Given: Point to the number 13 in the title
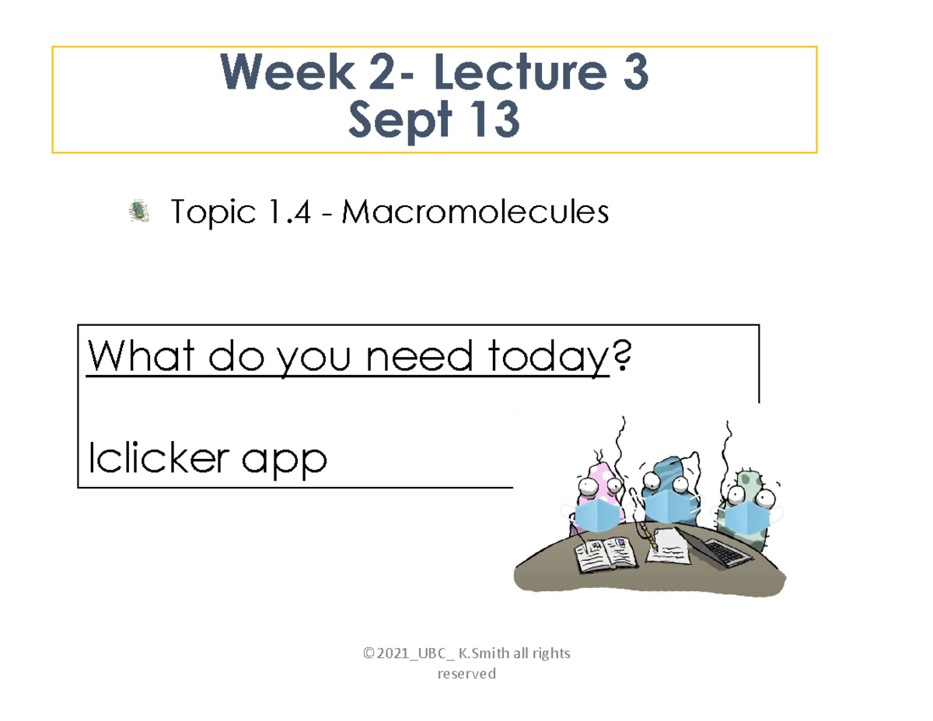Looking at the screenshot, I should [489, 122].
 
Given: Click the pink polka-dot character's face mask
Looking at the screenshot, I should [596, 514].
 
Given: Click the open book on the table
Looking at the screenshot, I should [606, 555].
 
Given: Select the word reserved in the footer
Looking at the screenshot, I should [466, 674].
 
